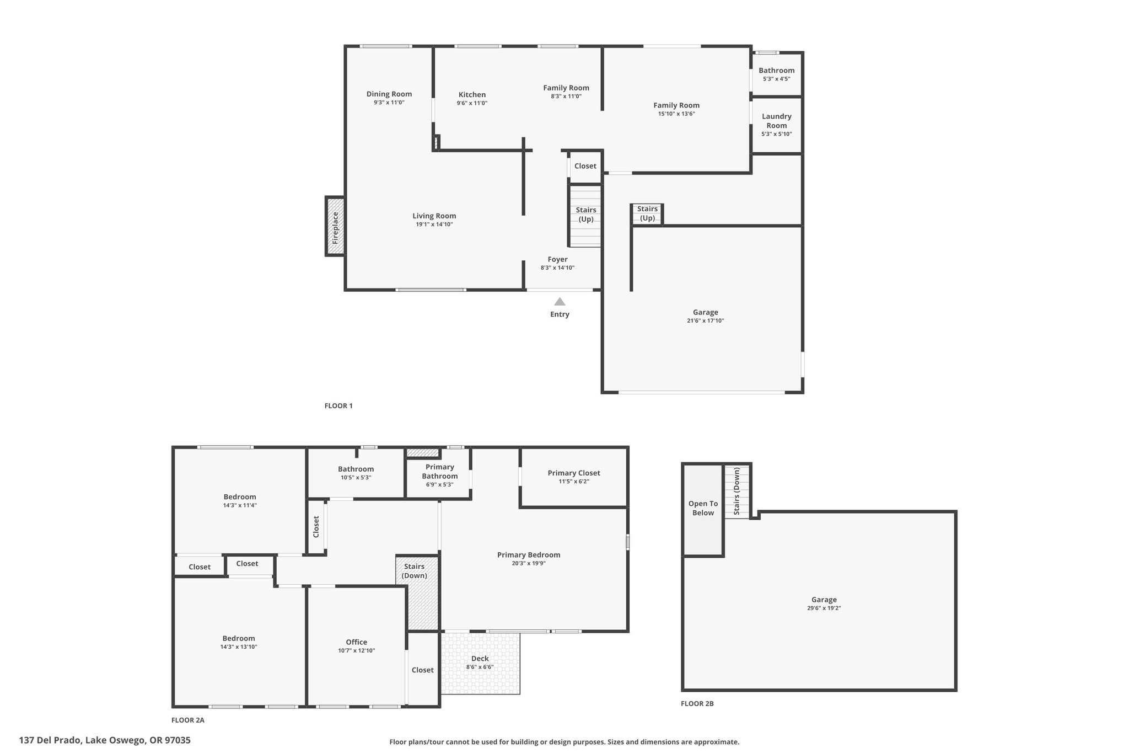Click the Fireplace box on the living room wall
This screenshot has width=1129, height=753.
click(335, 226)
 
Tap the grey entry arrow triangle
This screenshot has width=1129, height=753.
click(560, 301)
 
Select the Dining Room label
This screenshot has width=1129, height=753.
click(389, 94)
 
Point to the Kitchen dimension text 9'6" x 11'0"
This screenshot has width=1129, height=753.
click(472, 103)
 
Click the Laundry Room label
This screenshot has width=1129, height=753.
click(776, 121)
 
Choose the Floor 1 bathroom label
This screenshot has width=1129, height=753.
click(776, 70)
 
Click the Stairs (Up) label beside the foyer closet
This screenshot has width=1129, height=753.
click(585, 214)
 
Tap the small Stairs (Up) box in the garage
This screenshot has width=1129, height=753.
click(647, 214)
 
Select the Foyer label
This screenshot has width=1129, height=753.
click(557, 259)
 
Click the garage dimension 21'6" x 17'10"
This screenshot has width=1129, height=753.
click(705, 321)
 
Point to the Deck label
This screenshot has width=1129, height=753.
click(480, 658)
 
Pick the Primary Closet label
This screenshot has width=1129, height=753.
click(573, 473)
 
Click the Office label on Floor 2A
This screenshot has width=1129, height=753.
click(356, 642)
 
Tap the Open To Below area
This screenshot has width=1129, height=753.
click(703, 510)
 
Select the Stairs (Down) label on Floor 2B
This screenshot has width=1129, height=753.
click(736, 492)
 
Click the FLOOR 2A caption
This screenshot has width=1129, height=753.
click(187, 720)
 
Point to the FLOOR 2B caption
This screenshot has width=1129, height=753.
click(697, 703)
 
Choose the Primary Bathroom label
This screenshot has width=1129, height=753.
click(439, 472)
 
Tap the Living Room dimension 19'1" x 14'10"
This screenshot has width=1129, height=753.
click(434, 225)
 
